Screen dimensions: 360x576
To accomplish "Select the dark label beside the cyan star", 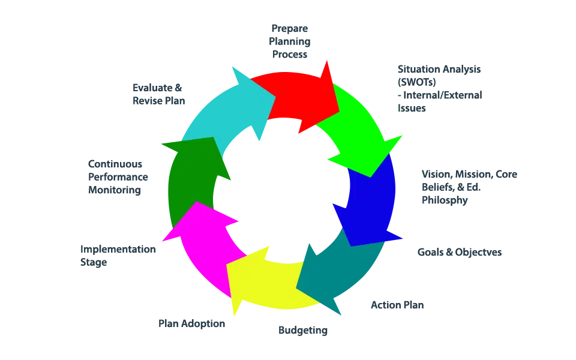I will (x=155, y=93).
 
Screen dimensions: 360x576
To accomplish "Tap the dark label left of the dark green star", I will (x=115, y=177).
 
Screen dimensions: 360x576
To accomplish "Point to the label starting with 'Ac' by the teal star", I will (x=398, y=306).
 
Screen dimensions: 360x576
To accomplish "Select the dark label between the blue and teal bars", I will (x=460, y=253).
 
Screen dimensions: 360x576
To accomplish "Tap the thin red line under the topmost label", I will (x=288, y=59).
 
